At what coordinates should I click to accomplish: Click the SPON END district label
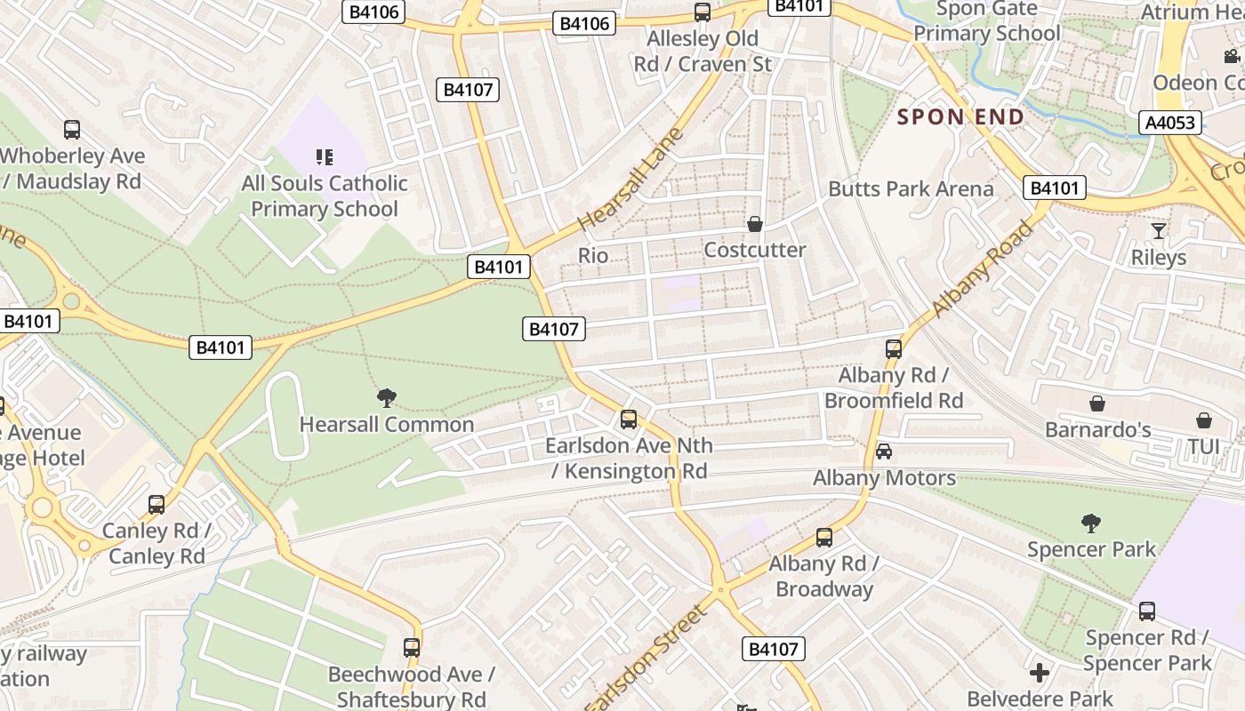point(960,116)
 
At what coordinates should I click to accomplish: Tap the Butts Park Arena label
point(911,188)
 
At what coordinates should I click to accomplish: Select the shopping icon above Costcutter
point(755,224)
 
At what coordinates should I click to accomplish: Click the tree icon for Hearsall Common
point(386,398)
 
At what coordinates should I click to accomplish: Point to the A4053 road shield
point(1169,122)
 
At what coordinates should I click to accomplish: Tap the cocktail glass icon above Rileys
point(1158,231)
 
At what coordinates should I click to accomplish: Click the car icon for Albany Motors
point(884,451)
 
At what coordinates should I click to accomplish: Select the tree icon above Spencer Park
point(1091,523)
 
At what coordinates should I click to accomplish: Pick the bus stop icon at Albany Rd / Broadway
point(824,538)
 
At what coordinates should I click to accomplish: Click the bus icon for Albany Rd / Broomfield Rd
point(894,349)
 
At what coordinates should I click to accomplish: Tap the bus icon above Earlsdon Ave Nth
point(629,419)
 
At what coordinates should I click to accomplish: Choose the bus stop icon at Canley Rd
point(157,505)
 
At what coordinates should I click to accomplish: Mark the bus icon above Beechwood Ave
point(411,648)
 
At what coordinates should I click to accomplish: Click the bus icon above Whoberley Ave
point(72,130)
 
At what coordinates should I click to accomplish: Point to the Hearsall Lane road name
point(631,180)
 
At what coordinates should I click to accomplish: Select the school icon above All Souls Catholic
point(325,157)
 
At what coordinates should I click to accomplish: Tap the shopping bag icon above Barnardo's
point(1097,403)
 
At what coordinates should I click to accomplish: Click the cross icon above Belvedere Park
point(1040,672)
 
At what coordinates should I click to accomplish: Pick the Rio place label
point(593,256)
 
